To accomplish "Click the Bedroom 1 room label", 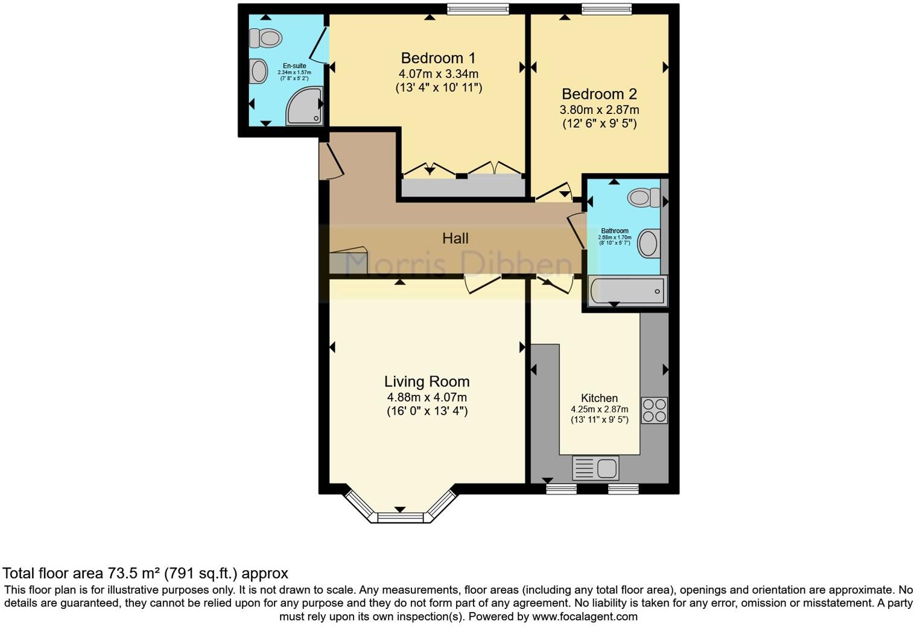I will coord(438,58).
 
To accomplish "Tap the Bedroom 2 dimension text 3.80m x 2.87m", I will coord(599,110).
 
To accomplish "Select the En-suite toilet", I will coord(266,38).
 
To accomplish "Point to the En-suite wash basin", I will coord(259,71).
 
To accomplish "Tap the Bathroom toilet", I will coord(644,197).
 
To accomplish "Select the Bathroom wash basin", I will coord(648,244).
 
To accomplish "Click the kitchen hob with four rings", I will coord(654,410).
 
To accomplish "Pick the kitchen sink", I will coord(595,468).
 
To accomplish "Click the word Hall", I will coord(455,238).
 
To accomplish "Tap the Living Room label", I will coord(427,382).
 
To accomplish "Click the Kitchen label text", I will coord(599,398).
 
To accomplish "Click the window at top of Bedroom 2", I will coord(606,8).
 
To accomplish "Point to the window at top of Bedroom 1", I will coord(478,8).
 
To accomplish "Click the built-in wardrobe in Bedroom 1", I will coord(462,187).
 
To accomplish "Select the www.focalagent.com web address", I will coord(585,617).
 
